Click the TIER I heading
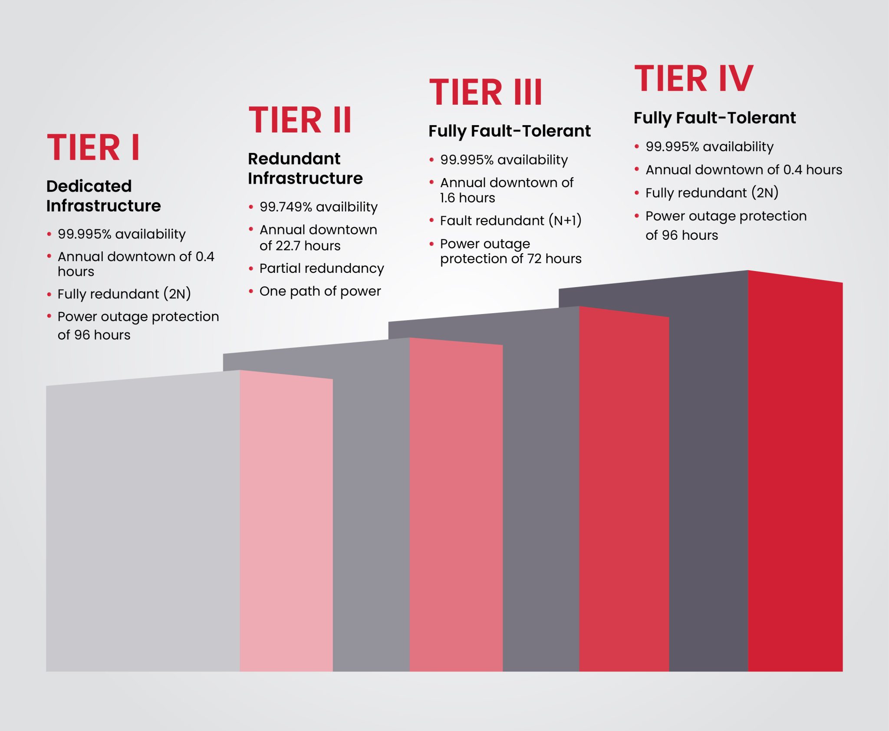pyautogui.click(x=93, y=148)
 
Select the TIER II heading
pyautogui.click(x=300, y=120)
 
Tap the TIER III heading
pyautogui.click(x=485, y=93)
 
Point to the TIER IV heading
pyautogui.click(x=693, y=79)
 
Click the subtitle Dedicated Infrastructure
pyautogui.click(x=103, y=196)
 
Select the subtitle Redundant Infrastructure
pyautogui.click(x=305, y=169)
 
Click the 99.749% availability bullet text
pyautogui.click(x=318, y=207)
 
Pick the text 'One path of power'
pyautogui.click(x=320, y=291)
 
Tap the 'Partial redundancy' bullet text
pyautogui.click(x=321, y=268)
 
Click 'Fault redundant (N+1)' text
pyautogui.click(x=510, y=221)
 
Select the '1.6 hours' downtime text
pyautogui.click(x=468, y=198)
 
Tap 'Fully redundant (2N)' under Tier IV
pyautogui.click(x=711, y=193)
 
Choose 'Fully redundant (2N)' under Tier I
pyautogui.click(x=124, y=294)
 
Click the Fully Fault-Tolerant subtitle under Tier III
pyautogui.click(x=509, y=131)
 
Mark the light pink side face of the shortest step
pyautogui.click(x=286, y=521)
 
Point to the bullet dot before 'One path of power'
pyautogui.click(x=251, y=291)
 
